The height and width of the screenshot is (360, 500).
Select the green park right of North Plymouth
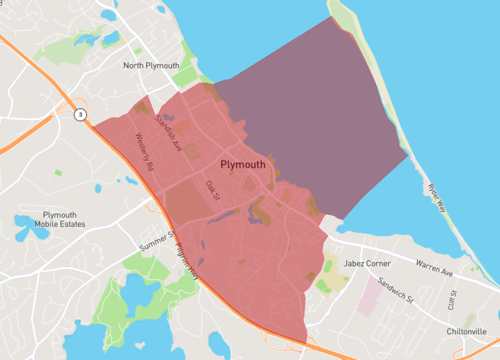[186, 76]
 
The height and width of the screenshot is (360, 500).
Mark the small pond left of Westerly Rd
[97, 188]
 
